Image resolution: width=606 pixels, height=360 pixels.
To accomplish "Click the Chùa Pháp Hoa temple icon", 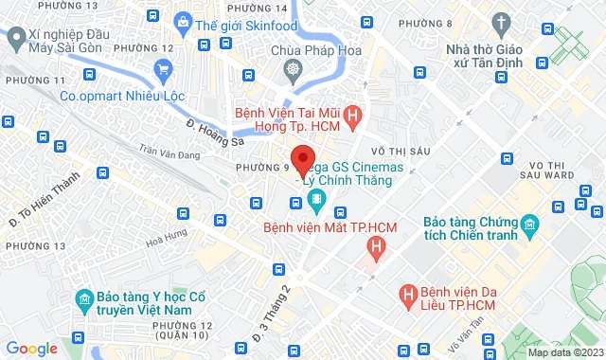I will click(293, 69).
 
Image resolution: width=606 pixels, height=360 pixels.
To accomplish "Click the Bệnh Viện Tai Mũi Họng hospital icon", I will click(353, 117).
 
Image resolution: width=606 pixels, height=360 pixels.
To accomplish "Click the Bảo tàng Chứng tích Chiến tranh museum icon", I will click(528, 226).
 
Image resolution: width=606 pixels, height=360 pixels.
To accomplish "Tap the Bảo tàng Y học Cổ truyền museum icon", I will click(84, 300).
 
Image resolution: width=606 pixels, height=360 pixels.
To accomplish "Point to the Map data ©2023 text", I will click(563, 351).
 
